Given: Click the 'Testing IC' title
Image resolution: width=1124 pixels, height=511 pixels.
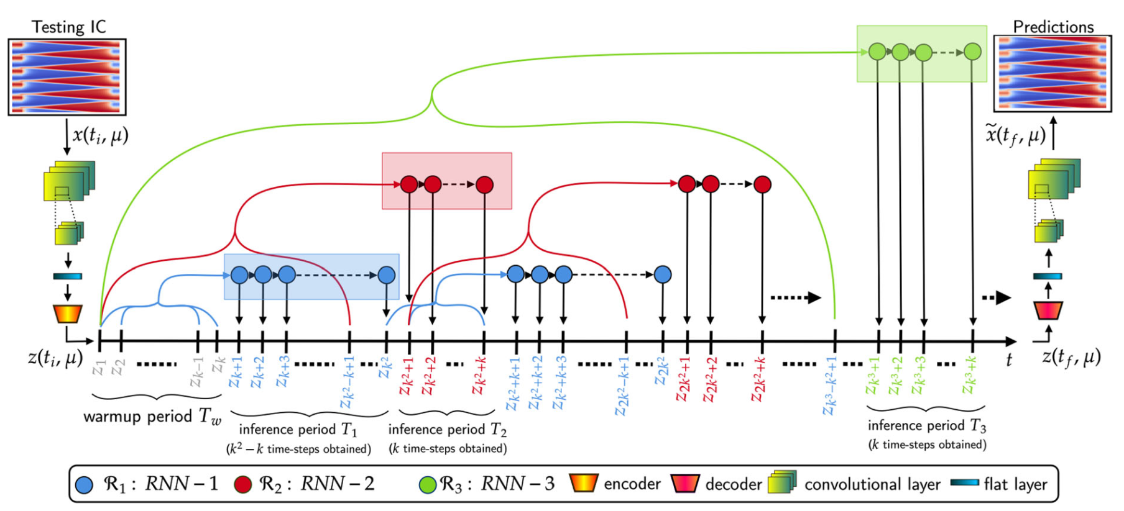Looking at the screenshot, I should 68,27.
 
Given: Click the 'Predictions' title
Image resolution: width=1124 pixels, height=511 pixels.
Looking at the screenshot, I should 1053,27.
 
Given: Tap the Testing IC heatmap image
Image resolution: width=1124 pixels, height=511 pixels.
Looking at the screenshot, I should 67,77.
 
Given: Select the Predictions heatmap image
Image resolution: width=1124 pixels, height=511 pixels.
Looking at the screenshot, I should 1053,74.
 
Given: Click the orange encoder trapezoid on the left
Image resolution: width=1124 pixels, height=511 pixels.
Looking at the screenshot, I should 68,314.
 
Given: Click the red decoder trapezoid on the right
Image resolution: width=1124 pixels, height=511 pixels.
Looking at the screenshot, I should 1048,310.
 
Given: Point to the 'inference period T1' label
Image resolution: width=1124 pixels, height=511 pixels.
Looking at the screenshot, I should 298,430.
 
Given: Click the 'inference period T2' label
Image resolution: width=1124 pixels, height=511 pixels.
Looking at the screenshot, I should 447,430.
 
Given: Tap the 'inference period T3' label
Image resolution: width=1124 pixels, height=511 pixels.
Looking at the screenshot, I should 926,426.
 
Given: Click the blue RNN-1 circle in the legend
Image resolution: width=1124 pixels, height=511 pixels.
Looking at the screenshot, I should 84,485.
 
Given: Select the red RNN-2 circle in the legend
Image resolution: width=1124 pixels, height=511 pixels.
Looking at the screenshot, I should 243,485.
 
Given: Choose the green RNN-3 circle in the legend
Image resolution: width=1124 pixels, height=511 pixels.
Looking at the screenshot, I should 427,485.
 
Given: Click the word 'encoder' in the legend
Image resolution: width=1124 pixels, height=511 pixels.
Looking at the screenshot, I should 632,484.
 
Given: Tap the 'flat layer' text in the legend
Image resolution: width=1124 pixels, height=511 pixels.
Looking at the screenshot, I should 1015,484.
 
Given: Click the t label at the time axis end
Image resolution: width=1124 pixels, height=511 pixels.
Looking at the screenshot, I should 1008,360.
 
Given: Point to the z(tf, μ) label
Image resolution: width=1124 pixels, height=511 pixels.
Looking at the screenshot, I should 1071,356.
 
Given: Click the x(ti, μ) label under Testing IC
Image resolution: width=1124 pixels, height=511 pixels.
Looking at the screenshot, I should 100,135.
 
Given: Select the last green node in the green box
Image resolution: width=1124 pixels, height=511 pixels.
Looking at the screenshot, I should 972,52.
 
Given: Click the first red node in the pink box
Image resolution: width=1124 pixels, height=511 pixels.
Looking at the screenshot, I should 409,184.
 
